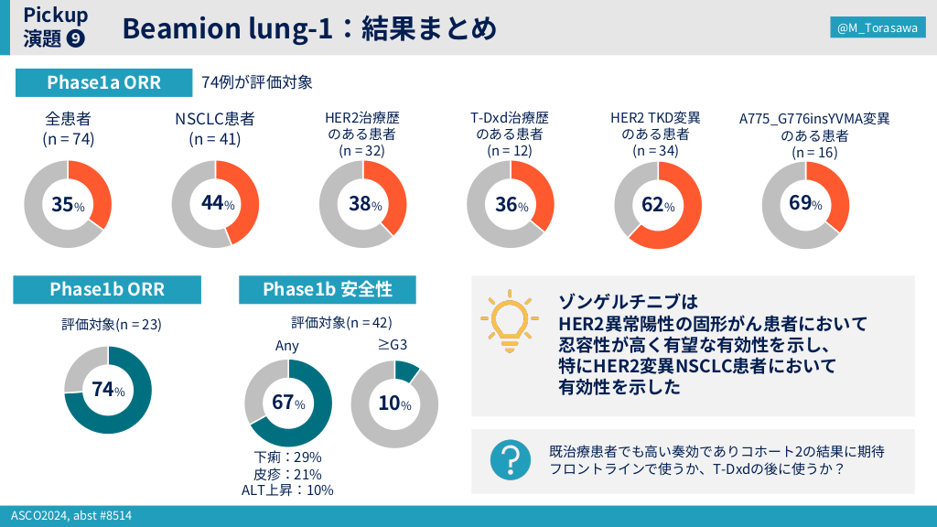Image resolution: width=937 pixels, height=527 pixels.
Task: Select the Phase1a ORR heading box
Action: (x=103, y=82)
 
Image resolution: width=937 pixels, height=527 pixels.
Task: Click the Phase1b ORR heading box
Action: (x=107, y=289)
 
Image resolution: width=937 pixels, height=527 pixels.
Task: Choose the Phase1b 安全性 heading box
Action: (x=328, y=289)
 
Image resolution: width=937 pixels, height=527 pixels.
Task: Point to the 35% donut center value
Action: (x=67, y=205)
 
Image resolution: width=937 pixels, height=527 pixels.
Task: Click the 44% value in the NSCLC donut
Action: (x=217, y=204)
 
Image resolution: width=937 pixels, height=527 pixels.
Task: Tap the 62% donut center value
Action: (x=657, y=205)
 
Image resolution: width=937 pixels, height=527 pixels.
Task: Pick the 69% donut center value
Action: (x=805, y=203)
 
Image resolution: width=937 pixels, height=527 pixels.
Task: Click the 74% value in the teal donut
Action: (x=107, y=390)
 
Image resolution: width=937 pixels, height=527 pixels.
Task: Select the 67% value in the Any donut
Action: (x=288, y=403)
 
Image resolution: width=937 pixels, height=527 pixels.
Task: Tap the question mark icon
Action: (x=511, y=460)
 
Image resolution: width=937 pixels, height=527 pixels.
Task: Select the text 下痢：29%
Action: (x=287, y=457)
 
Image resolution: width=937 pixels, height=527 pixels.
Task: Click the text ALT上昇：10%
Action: (x=287, y=489)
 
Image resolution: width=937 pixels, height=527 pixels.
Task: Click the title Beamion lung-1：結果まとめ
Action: (x=309, y=29)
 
